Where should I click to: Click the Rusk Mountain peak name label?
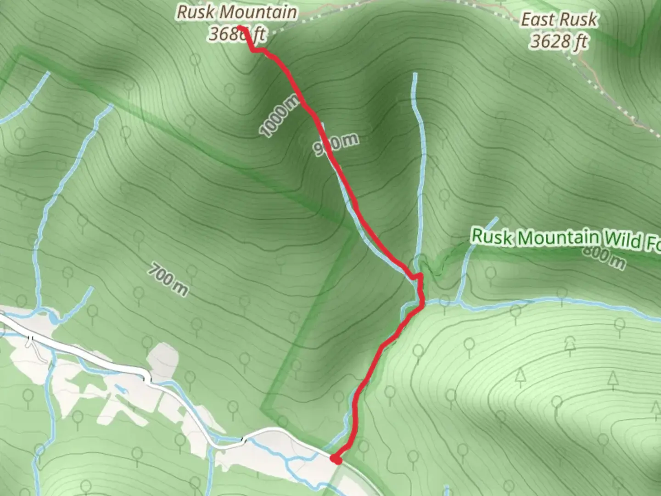coord(237,12)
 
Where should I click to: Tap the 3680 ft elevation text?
coord(237,34)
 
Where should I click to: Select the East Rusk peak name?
coord(559,20)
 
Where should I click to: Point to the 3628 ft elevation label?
coord(559,42)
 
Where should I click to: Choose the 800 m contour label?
coord(604,257)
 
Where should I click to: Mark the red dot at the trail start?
coord(336,459)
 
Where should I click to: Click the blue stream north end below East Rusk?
coord(415,74)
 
